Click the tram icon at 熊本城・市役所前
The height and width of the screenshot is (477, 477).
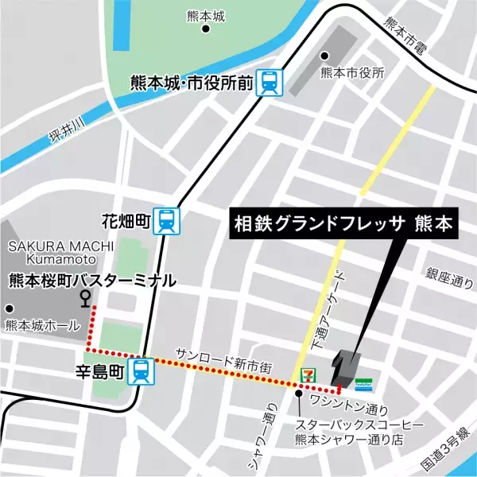tap(270, 82)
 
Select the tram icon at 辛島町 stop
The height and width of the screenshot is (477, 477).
tap(141, 370)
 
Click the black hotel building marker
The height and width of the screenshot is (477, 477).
tap(347, 366)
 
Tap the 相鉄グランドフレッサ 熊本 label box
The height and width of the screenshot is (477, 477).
tap(343, 224)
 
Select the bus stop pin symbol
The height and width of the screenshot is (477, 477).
tap(85, 297)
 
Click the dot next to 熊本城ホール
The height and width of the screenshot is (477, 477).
tap(11, 308)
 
